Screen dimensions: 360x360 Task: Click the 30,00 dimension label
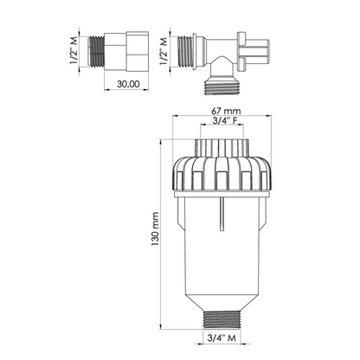tap(128, 84)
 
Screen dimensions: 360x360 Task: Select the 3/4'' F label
tap(225, 121)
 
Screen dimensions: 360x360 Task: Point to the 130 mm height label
tap(155, 229)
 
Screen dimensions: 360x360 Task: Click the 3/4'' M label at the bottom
tap(222, 337)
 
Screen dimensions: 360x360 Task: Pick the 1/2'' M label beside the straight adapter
tap(74, 52)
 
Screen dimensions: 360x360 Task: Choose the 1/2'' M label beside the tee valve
tap(164, 52)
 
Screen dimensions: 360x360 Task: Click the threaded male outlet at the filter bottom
tap(222, 320)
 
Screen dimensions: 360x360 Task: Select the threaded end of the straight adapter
tap(96, 51)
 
